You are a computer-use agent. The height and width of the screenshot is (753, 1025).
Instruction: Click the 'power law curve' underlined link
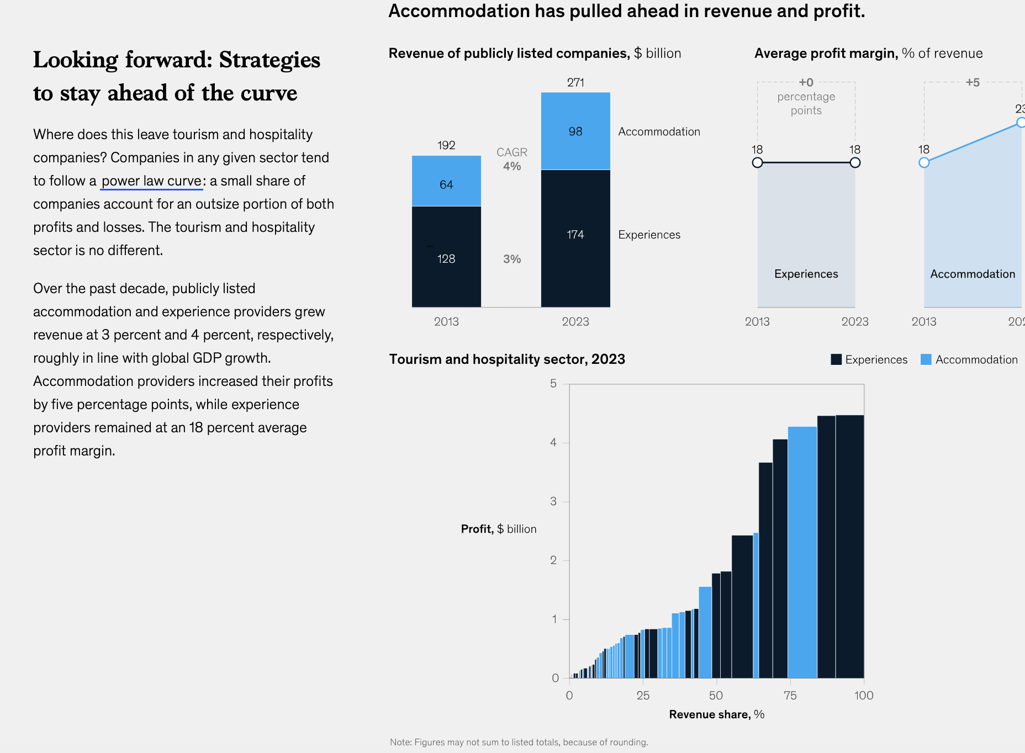point(151,181)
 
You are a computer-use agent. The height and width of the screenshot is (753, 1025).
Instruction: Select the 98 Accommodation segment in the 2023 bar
point(575,131)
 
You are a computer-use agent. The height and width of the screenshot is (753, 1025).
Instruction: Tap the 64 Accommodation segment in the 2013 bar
point(446,184)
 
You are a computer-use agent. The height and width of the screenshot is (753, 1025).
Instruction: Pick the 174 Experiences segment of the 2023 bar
point(575,235)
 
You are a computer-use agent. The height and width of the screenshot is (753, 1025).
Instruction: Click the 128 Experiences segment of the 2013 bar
point(446,258)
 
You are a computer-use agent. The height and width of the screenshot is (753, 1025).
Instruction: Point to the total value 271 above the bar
point(575,83)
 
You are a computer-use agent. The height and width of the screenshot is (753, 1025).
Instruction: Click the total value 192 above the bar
point(446,145)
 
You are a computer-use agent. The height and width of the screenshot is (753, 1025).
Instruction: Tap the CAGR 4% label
point(512,159)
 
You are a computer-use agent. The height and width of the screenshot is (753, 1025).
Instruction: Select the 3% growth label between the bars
point(512,259)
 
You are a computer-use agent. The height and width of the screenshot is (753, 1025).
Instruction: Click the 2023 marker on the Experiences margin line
point(855,162)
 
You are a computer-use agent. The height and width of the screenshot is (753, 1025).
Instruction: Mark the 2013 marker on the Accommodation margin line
point(924,162)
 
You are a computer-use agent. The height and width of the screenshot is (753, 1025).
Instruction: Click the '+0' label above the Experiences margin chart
point(806,83)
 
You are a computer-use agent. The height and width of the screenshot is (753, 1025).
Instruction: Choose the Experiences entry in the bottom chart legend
point(869,359)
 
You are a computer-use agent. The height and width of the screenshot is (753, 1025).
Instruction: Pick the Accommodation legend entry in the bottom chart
point(969,359)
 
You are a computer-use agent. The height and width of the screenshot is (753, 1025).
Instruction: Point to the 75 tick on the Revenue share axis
point(790,696)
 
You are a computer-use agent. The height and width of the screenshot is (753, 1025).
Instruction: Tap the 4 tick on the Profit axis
point(553,442)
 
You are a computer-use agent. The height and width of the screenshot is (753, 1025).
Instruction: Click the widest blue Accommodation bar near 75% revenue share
point(802,552)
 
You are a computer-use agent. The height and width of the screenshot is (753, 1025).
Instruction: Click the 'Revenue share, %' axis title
point(716,714)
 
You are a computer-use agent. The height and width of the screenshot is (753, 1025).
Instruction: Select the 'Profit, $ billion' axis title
point(498,529)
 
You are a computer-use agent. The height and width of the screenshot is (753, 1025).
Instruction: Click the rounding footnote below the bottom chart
point(519,742)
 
